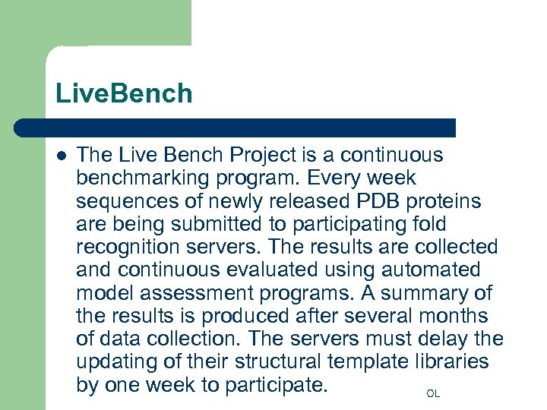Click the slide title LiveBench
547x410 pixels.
click(x=124, y=94)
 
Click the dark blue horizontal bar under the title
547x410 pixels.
click(x=236, y=128)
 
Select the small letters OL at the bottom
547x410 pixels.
click(x=433, y=394)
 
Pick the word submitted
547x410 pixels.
click(x=220, y=224)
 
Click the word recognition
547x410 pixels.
click(x=128, y=247)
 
